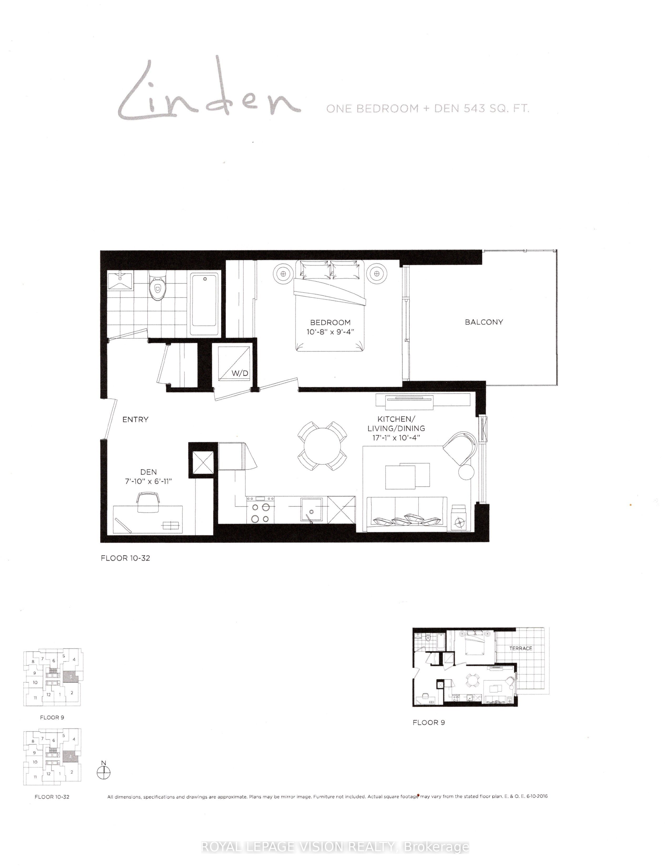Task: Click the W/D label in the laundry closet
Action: point(240,373)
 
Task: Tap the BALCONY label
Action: point(484,322)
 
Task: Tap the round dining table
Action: point(322,445)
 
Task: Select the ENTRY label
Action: point(135,420)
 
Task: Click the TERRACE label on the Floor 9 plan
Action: point(520,648)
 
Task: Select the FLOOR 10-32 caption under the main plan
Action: point(125,558)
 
